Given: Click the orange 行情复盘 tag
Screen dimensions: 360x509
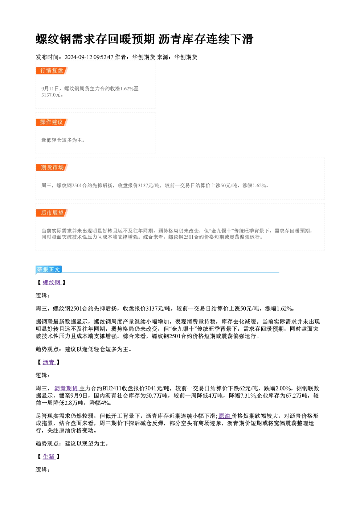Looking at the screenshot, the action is [x=52, y=71].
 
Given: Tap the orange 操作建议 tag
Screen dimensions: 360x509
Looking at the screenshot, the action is [x=52, y=122].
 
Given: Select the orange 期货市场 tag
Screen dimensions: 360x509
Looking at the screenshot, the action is [x=52, y=168].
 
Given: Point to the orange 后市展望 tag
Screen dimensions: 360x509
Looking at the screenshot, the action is [x=52, y=213].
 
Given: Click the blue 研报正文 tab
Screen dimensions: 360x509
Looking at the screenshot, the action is [x=49, y=270].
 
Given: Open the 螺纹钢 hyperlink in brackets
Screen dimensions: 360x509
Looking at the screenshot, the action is [x=52, y=283].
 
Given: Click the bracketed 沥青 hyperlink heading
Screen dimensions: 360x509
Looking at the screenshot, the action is [x=49, y=362].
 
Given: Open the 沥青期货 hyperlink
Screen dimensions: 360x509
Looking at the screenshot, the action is [x=66, y=388].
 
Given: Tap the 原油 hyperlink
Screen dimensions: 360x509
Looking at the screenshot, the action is [x=225, y=416].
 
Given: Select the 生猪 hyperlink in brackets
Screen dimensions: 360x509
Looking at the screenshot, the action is [x=49, y=456].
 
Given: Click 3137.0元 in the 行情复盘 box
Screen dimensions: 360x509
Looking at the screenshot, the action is [x=51, y=95].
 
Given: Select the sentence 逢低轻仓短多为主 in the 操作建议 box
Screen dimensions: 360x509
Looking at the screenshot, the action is [x=62, y=140].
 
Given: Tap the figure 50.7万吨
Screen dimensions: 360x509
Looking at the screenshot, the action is [x=157, y=395].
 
